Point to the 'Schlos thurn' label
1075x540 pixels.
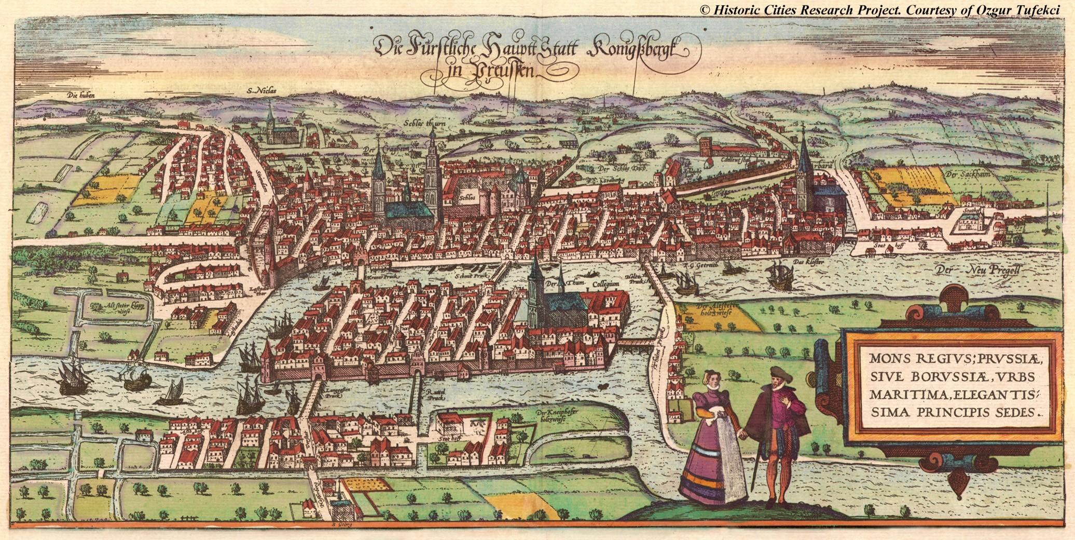click(424, 124)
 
